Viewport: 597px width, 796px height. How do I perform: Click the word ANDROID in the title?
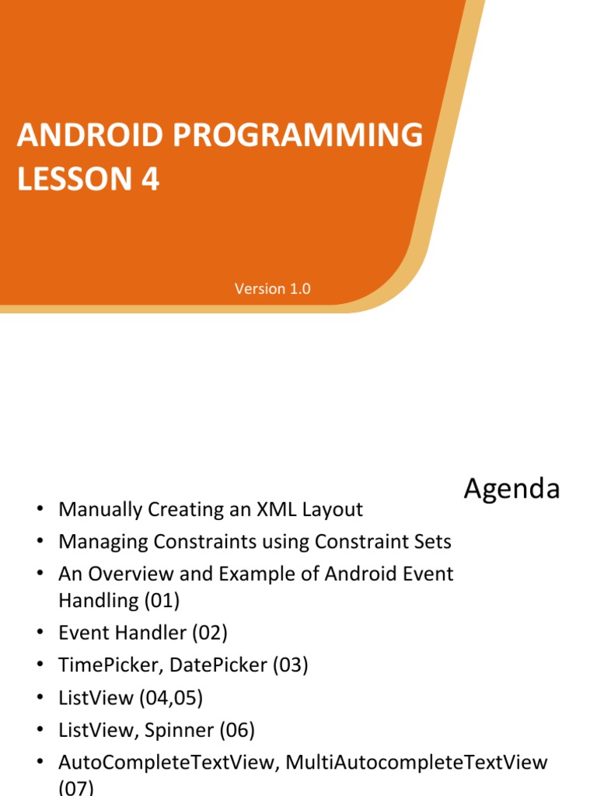point(90,135)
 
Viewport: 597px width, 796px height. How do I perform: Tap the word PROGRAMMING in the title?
point(298,135)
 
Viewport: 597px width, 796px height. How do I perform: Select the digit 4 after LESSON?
point(150,180)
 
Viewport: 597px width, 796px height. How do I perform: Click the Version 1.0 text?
point(273,289)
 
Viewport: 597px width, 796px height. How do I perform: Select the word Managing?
point(103,542)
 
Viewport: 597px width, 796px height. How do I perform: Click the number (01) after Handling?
point(162,601)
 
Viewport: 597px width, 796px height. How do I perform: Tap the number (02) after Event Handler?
point(210,633)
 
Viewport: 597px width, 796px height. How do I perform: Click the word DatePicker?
point(218,665)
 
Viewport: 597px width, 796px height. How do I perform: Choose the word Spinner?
point(180,731)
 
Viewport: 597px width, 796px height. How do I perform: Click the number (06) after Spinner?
point(237,731)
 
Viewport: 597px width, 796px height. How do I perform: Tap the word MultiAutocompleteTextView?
point(417,763)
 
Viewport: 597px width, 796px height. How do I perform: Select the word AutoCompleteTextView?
point(169,763)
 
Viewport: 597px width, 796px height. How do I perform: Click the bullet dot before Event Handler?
point(40,632)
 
